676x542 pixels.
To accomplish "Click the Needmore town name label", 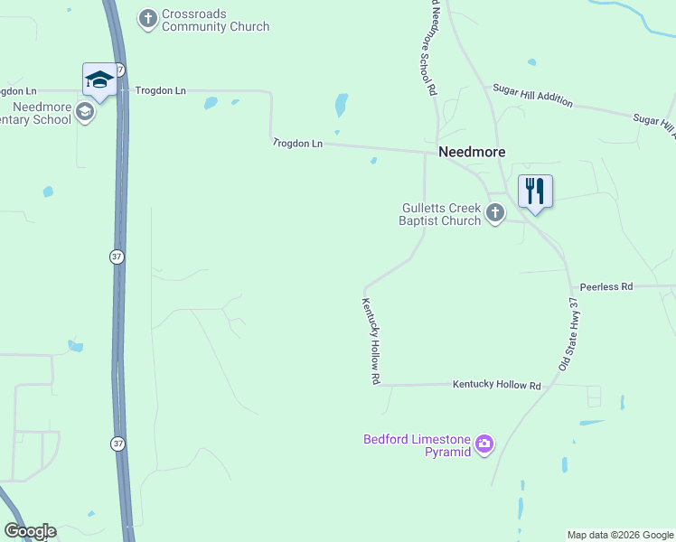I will [472, 152].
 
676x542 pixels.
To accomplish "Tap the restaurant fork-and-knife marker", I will [535, 191].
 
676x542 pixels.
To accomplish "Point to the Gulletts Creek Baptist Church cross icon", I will [494, 213].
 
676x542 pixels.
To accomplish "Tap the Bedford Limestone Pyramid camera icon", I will [484, 443].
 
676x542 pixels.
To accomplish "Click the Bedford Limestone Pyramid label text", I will [418, 445].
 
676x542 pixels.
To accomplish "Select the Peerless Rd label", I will [606, 286].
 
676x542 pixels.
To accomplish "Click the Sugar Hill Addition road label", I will [532, 95].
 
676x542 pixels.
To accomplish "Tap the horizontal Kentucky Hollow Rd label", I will [496, 386].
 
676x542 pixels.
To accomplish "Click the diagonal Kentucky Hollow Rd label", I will [371, 342].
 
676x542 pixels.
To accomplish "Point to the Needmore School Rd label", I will [426, 50].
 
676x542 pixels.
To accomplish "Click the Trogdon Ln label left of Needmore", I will [297, 143].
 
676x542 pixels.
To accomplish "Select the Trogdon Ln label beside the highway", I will [160, 90].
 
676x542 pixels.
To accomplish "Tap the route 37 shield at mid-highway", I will [117, 257].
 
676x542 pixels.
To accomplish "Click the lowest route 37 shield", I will [117, 444].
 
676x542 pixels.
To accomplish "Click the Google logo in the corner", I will [30, 531].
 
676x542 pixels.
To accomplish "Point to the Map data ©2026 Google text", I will [620, 535].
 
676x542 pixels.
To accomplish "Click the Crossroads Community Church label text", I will [215, 21].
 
